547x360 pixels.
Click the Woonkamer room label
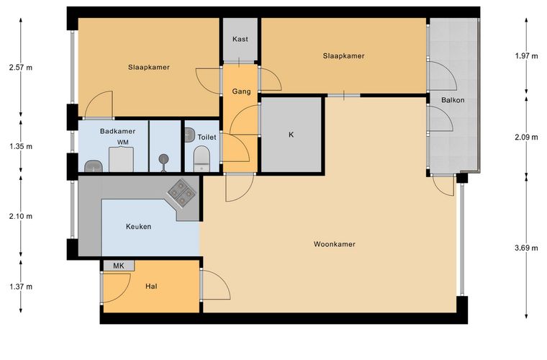pos(334,244)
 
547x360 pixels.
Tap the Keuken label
pos(138,227)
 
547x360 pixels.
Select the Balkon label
pos(453,100)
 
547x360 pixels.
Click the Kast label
pos(240,39)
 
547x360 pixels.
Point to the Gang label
pos(241,91)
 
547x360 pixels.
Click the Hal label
pos(151,287)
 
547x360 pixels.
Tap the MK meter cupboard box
pos(119,266)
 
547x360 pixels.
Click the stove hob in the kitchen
pos(181,192)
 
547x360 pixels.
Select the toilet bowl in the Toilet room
pos(202,159)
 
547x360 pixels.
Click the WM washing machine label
pos(123,143)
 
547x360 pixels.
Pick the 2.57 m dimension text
pos(21,68)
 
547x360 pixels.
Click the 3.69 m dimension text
pos(526,248)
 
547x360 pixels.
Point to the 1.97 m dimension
pos(526,56)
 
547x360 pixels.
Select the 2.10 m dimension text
pos(21,216)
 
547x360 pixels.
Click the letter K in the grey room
pos(291,135)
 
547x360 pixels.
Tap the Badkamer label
pos(117,132)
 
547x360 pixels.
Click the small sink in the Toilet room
pos(190,135)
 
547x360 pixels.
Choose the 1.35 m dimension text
pos(21,146)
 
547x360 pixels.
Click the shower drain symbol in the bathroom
pos(164,159)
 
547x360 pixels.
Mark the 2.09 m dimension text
pos(526,138)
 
